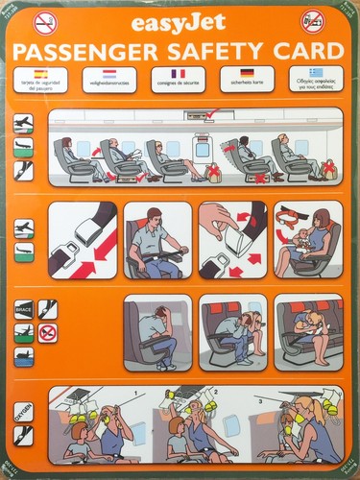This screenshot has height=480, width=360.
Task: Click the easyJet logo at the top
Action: [180, 23]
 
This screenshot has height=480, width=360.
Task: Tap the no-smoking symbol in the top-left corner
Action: [44, 21]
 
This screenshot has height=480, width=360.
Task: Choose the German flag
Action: [247, 73]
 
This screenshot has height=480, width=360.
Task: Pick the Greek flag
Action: [316, 73]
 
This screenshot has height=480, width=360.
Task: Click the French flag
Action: [179, 73]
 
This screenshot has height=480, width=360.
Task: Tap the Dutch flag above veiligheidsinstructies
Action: [109, 73]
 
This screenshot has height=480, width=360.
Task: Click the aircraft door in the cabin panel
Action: [201, 149]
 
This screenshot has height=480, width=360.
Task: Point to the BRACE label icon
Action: [24, 309]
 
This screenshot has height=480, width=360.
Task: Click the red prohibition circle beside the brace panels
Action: [47, 332]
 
